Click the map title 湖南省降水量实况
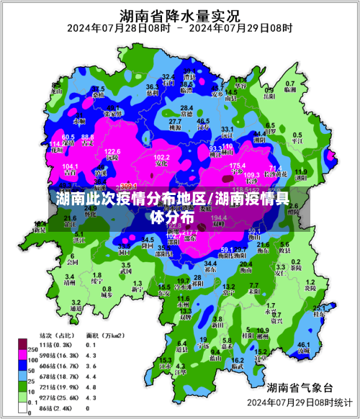click(x=180, y=14)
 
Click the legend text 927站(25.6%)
click(x=59, y=397)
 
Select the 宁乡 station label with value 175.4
click(x=238, y=169)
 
